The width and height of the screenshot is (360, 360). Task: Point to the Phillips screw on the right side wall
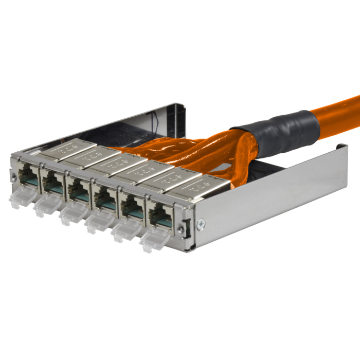pos(200,223)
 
